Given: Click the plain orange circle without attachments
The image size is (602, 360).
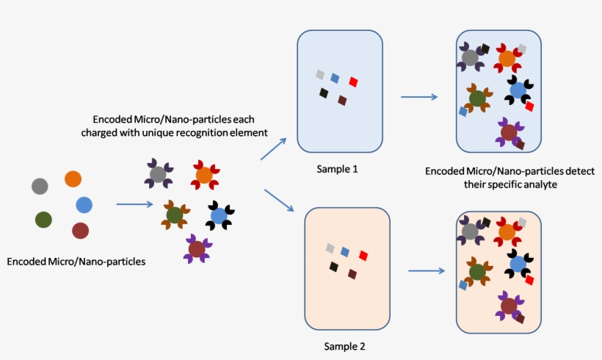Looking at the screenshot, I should click(73, 179).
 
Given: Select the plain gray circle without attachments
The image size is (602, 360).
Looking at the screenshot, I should click(40, 186).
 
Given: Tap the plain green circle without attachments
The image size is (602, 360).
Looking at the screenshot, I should click(43, 219).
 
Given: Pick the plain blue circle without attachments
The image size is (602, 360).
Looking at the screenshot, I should click(84, 205).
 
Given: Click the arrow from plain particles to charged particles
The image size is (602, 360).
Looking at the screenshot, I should click(134, 206).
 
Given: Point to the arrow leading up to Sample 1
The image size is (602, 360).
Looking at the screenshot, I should click(273, 150).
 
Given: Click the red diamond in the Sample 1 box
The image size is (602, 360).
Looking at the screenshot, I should click(353, 82).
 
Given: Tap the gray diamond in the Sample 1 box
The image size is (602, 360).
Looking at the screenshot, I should click(320, 74).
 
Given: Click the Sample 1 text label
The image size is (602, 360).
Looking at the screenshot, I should click(337, 169).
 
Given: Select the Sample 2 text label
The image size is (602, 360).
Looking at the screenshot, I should click(344, 345).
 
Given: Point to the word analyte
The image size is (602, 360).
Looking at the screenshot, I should click(540, 186).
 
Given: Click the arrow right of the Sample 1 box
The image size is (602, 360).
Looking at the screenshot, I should click(419, 97).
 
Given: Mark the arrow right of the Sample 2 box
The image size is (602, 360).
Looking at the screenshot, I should click(427, 270).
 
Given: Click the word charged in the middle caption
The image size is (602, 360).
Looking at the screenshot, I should click(114, 132).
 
